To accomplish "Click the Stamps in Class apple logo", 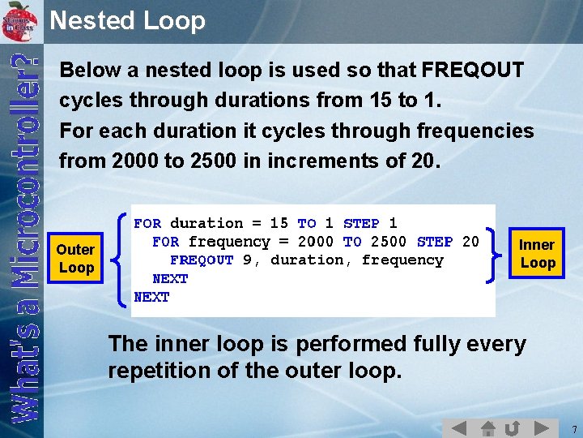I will [20, 20].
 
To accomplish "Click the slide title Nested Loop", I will [127, 20].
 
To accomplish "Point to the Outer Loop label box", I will [76, 258].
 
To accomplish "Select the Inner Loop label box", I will [537, 253].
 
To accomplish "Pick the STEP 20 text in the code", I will [447, 242].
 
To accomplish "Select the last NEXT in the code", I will [151, 298].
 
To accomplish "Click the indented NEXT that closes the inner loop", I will [170, 279].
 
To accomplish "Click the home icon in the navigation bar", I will [487, 427].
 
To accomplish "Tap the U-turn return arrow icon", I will [512, 427].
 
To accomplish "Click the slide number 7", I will [572, 427].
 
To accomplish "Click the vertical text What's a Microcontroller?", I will [27, 235].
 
